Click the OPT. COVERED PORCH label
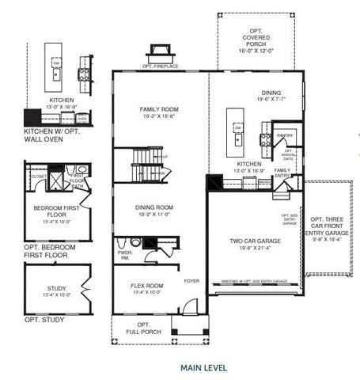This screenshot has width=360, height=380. coord(253,39)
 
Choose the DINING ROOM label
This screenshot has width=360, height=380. coord(161,208)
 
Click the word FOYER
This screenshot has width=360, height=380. coord(191,280)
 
